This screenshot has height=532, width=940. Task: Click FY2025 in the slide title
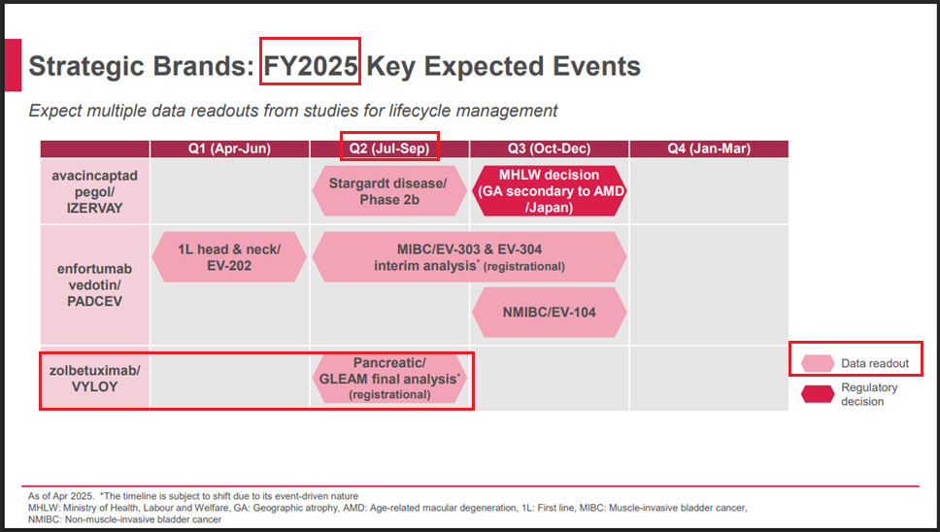311,66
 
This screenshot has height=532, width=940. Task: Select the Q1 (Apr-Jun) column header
229,149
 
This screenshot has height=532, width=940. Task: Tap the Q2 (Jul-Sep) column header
389,149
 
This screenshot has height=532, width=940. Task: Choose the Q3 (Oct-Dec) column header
549,149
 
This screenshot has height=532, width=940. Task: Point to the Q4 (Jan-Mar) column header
709,149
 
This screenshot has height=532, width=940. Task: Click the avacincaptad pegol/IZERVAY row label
95,191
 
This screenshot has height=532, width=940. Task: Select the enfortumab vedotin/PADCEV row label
95,284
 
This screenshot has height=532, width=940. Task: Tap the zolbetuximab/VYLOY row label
95,379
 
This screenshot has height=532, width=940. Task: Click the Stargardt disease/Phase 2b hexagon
389,191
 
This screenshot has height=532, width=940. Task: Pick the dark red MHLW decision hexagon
549,191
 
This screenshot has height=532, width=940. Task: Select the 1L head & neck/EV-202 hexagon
229,257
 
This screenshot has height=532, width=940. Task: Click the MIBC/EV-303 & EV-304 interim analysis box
469,257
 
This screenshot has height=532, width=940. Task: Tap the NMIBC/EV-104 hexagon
549,313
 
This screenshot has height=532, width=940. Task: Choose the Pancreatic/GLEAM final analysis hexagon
389,379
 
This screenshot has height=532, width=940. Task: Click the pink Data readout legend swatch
818,363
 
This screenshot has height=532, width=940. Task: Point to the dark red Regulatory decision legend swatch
818,393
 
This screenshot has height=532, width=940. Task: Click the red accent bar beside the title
14,65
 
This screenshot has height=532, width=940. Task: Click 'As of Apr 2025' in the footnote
61,496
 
